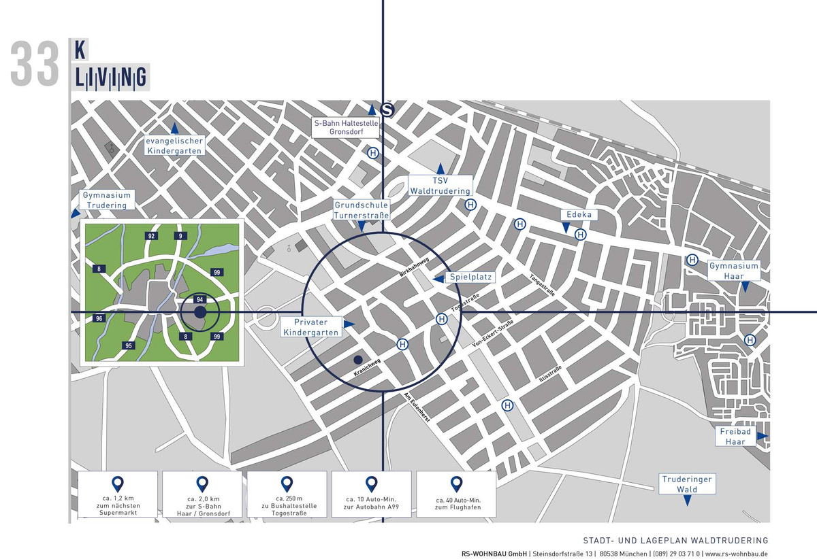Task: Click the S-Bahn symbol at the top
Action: (387, 110)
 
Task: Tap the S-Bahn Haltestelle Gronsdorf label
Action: (345, 128)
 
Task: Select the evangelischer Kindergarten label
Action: (176, 146)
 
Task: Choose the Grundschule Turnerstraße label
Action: (361, 210)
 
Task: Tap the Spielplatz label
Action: (470, 277)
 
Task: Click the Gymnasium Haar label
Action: (733, 271)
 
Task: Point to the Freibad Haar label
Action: (735, 437)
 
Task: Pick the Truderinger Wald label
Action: (686, 484)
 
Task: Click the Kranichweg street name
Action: (366, 369)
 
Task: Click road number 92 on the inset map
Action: (151, 236)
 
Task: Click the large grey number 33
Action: (35, 65)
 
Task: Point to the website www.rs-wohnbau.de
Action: (736, 554)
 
